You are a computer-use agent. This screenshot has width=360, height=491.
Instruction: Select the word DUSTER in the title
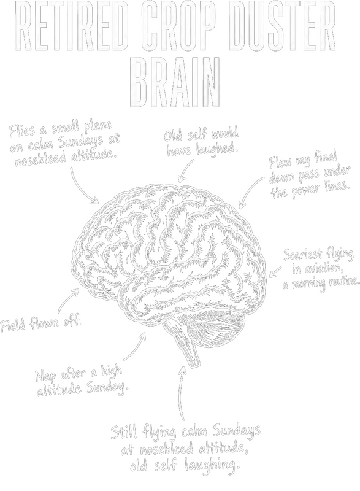pos(284,26)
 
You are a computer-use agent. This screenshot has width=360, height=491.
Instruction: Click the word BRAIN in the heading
pos(175,82)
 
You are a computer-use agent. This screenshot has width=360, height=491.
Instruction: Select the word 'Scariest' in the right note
pos(302,255)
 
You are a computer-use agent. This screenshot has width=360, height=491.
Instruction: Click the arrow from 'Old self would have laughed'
pos(185,169)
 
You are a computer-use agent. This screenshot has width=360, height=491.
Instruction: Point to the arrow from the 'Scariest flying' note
pos(275,272)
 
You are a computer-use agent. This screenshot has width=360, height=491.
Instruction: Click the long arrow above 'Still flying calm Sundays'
pos(181,393)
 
